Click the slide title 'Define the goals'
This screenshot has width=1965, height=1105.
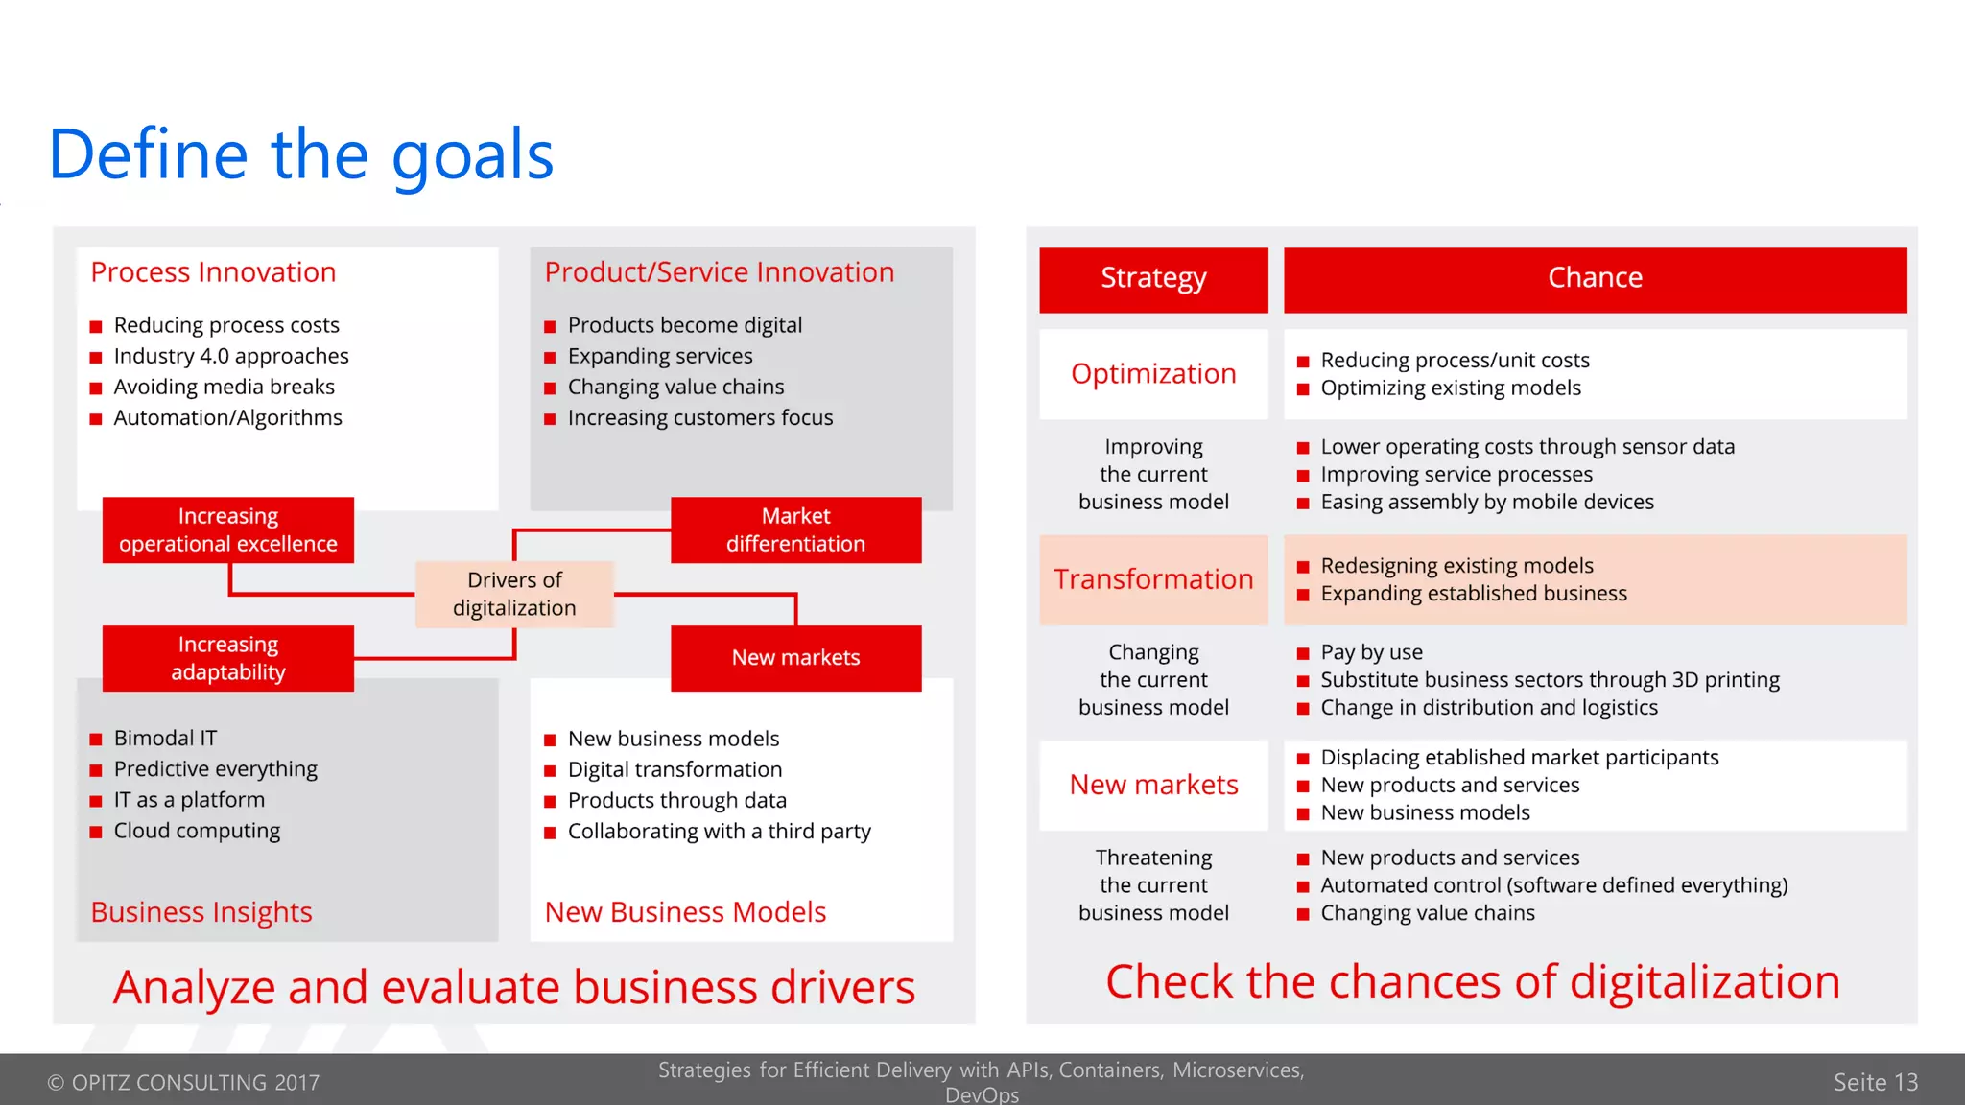(301, 154)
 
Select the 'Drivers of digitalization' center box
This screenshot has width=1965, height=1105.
(514, 594)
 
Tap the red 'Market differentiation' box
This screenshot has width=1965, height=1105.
(795, 529)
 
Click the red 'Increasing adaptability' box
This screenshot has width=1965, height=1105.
(228, 658)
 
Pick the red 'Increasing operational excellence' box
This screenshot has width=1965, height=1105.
(228, 529)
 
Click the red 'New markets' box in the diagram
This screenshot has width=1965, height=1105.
(795, 658)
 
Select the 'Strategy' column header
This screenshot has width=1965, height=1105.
(1153, 279)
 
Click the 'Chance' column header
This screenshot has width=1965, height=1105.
(1595, 279)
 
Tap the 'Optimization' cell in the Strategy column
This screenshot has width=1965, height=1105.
(1153, 374)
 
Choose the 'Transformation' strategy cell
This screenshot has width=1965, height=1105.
(1153, 579)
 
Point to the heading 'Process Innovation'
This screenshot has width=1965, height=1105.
(213, 272)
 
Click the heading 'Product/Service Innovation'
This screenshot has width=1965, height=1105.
(720, 272)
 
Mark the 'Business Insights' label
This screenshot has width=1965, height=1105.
(201, 911)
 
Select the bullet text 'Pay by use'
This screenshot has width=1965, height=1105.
(1371, 652)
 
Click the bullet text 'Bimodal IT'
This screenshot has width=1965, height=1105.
(165, 738)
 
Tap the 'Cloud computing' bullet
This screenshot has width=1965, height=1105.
(197, 831)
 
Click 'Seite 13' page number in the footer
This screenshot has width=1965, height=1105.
(1875, 1082)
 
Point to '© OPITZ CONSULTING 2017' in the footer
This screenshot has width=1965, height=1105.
(183, 1082)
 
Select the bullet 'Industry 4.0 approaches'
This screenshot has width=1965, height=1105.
(231, 356)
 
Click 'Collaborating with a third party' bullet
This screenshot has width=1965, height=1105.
(720, 831)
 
